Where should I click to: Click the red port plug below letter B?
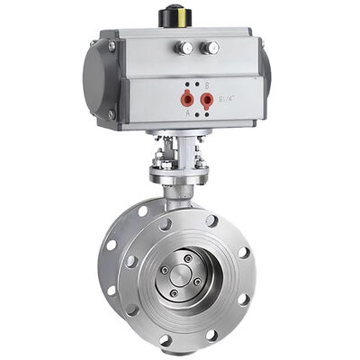pos(206,98)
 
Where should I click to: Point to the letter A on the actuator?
pos(188,113)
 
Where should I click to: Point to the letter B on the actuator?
pos(206,85)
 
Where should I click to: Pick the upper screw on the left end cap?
pos(112,46)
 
